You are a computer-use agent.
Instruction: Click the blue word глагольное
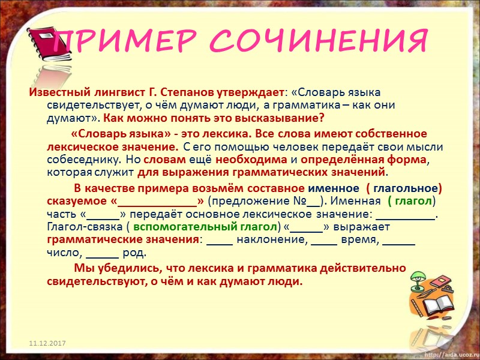tap(409, 188)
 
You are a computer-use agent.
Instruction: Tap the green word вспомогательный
tap(185, 227)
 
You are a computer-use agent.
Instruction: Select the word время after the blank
tap(360, 240)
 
